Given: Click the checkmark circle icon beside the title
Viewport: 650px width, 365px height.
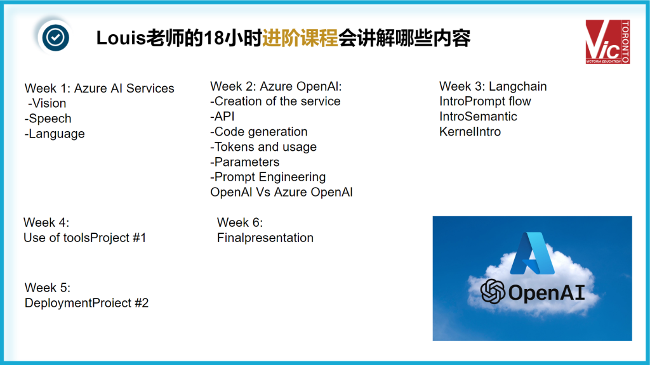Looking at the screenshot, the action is pyautogui.click(x=55, y=37).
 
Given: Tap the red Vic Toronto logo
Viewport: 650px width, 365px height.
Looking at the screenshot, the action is pyautogui.click(x=607, y=42).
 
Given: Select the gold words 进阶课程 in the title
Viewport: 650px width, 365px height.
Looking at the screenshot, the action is pyautogui.click(x=300, y=39).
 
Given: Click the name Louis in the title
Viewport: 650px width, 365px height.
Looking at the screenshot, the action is pyautogui.click(x=121, y=39).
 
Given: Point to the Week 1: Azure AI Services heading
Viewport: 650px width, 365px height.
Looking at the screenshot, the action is pyautogui.click(x=100, y=88).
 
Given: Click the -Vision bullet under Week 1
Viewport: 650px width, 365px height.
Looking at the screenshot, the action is pyautogui.click(x=47, y=103).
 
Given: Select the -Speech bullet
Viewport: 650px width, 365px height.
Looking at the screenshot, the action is pyautogui.click(x=48, y=118).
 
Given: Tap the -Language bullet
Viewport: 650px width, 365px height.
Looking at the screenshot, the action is pyautogui.click(x=55, y=134).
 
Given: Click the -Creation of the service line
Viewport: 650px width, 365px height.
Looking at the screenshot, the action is pyautogui.click(x=275, y=101).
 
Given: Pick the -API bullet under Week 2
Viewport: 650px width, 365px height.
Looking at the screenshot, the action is pyautogui.click(x=222, y=117).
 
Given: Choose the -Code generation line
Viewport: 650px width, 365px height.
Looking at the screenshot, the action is pyautogui.click(x=259, y=132).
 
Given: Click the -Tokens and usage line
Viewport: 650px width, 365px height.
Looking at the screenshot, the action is pyautogui.click(x=263, y=147).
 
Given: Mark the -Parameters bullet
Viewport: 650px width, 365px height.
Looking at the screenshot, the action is pyautogui.click(x=244, y=162).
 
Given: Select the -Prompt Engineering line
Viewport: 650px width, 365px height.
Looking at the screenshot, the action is pyautogui.click(x=268, y=177).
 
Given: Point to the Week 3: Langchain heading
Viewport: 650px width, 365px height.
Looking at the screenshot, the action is pyautogui.click(x=493, y=86).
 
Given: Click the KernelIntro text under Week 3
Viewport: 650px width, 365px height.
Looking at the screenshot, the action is pyautogui.click(x=470, y=132).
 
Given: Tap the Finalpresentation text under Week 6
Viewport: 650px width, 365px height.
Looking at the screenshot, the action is pyautogui.click(x=265, y=238).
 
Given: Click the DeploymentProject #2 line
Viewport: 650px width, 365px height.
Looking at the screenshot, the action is pyautogui.click(x=86, y=303).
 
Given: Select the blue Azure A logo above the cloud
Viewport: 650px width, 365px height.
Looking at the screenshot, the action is pyautogui.click(x=533, y=253).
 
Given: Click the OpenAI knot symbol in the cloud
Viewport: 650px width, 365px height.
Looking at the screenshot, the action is pyautogui.click(x=493, y=291).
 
